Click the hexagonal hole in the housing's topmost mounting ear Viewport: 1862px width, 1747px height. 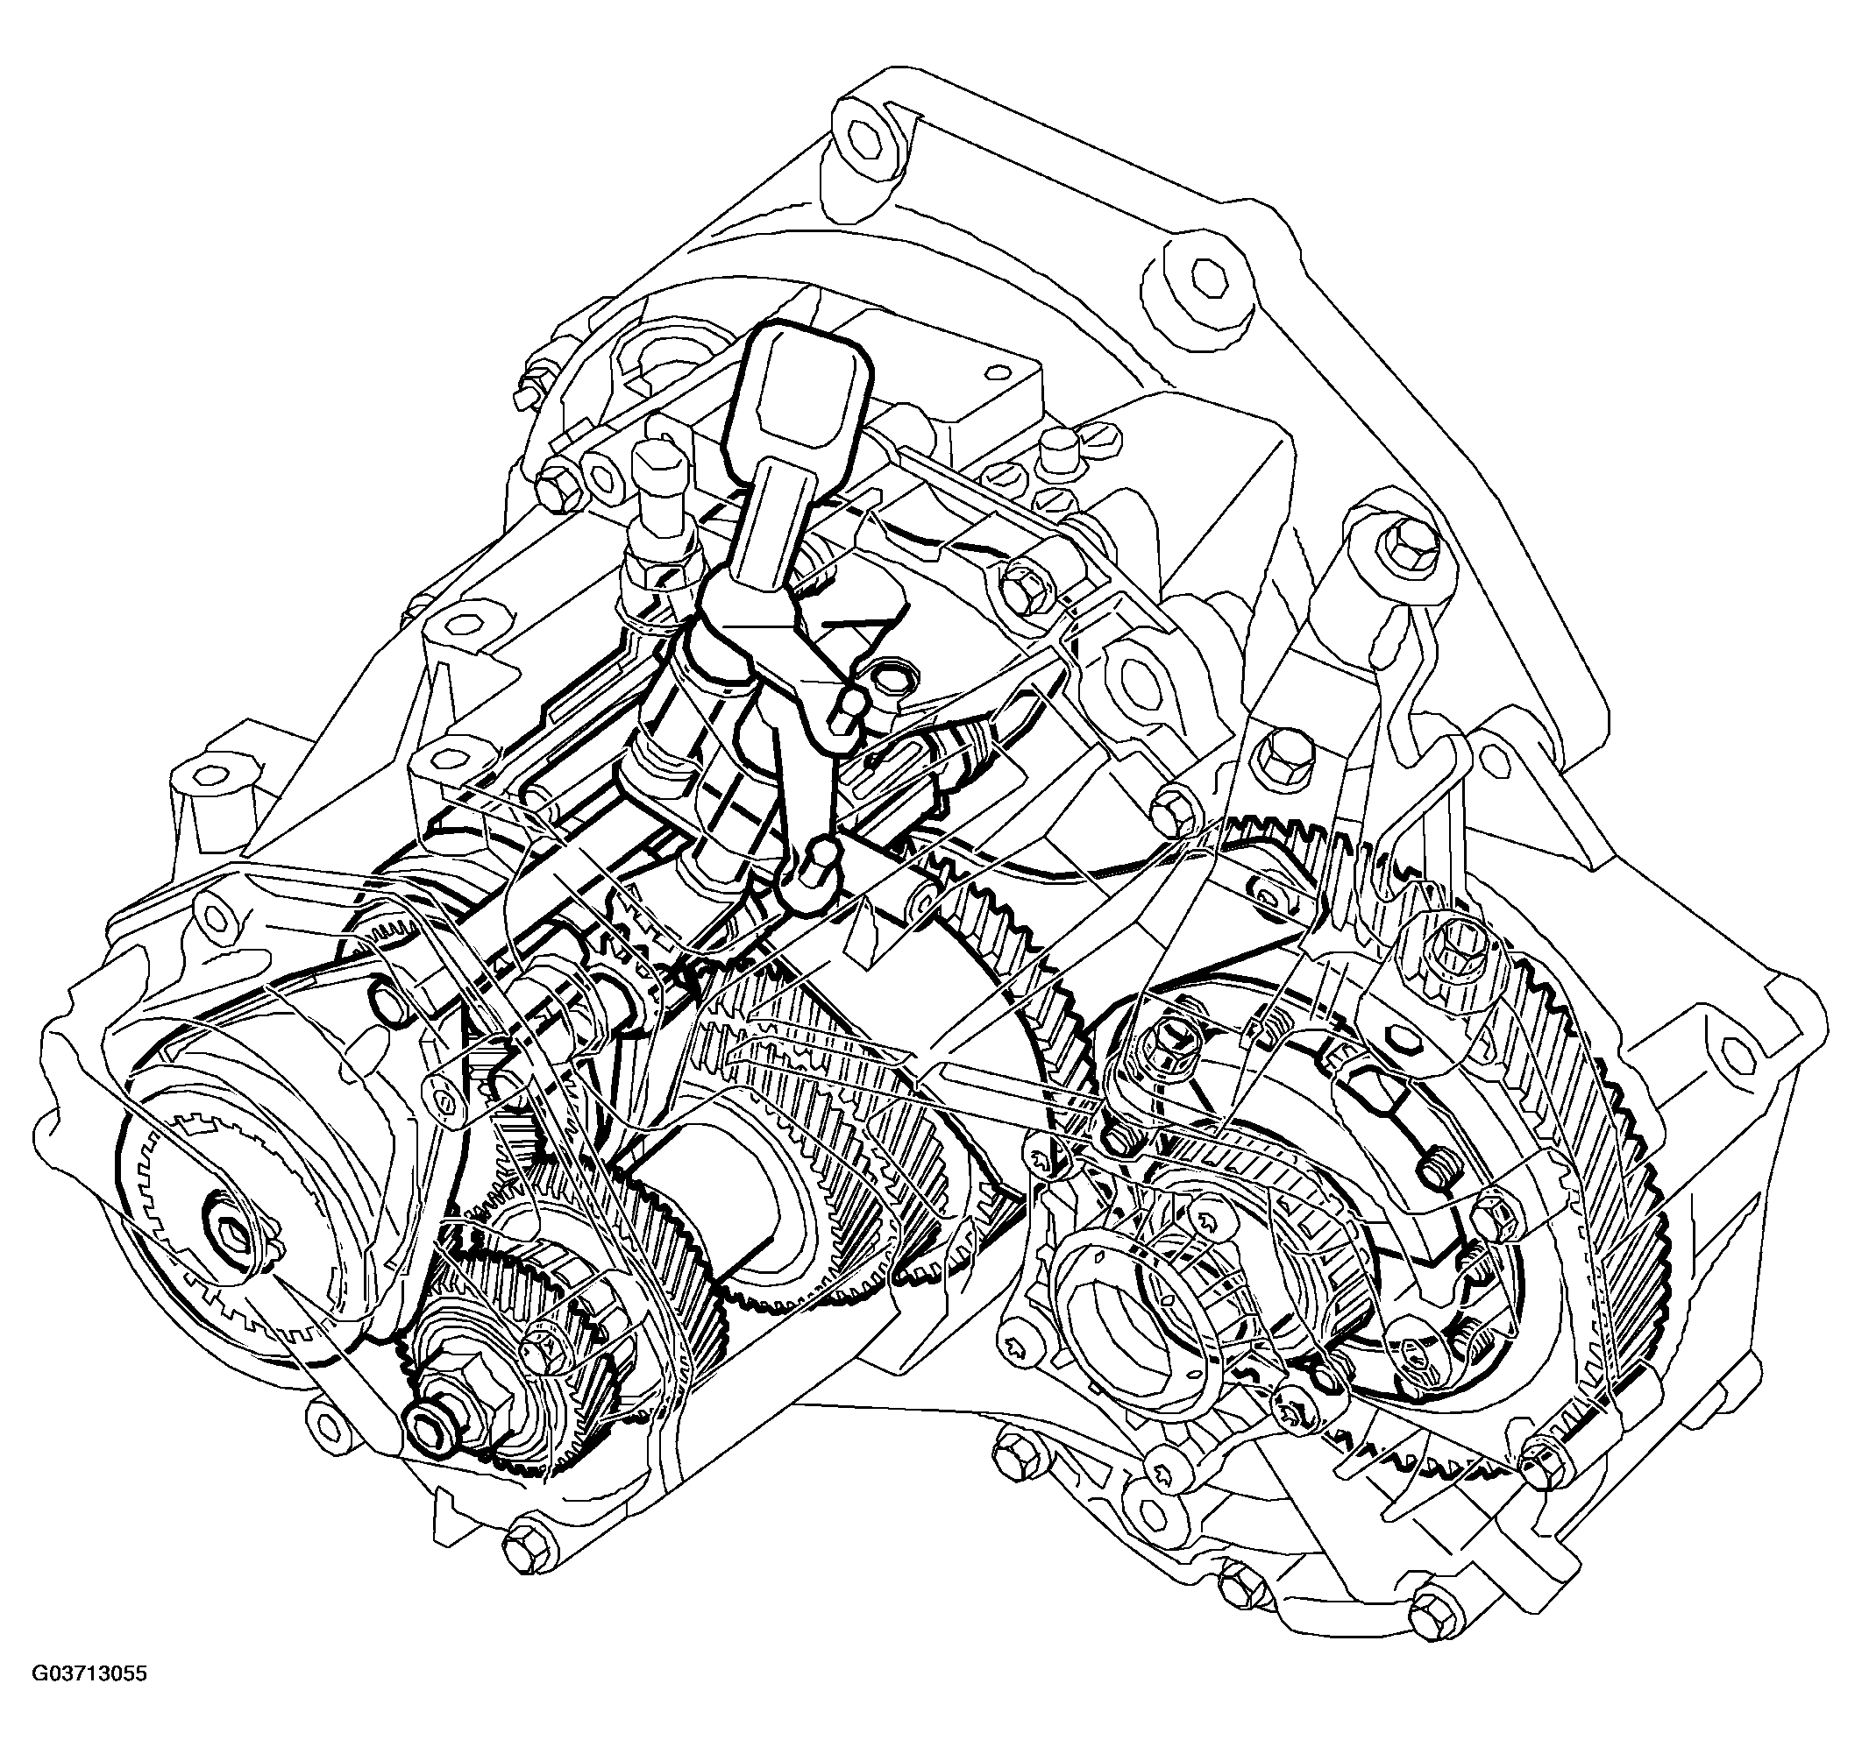pos(867,138)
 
